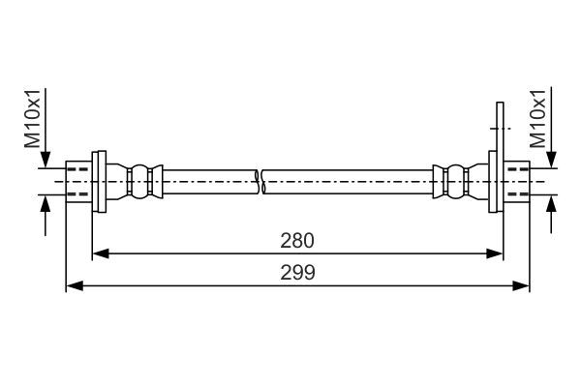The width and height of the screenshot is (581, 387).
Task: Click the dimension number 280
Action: pos(297,241)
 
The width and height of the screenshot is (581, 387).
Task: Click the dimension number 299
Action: pos(297,273)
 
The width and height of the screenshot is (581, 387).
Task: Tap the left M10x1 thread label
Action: pos(33,119)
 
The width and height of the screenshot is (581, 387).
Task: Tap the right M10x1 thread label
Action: pos(538,119)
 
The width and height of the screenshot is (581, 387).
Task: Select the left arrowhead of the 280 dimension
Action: pos(101,253)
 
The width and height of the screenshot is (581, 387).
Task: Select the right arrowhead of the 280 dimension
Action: pos(495,253)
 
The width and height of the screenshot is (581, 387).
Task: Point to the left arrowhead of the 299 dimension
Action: pos(75,286)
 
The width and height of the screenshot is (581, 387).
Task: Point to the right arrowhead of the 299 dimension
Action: pos(521,286)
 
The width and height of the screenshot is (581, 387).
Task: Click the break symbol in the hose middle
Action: pos(260,182)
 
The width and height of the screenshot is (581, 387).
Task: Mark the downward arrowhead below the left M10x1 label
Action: pos(46,160)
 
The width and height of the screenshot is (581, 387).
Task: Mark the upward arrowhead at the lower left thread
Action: pos(46,203)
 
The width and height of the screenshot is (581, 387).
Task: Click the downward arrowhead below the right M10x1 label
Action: pos(552,160)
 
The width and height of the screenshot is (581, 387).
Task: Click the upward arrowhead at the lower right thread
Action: pos(552,203)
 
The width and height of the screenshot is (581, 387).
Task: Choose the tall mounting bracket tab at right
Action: pos(500,157)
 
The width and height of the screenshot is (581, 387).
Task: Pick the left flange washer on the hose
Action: pos(99,182)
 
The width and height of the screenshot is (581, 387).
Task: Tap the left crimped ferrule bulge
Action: pos(140,182)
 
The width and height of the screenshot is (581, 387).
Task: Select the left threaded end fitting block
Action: pos(79,182)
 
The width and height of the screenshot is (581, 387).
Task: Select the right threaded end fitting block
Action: pos(517,182)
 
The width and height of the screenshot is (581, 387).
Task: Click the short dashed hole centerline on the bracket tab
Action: pos(501,128)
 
